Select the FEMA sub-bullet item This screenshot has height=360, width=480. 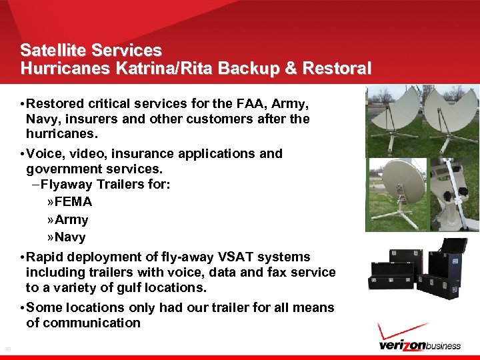pyautogui.click(x=73, y=201)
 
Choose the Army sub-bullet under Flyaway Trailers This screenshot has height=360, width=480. pyautogui.click(x=71, y=219)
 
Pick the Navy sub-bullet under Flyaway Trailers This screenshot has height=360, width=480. pyautogui.click(x=70, y=237)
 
